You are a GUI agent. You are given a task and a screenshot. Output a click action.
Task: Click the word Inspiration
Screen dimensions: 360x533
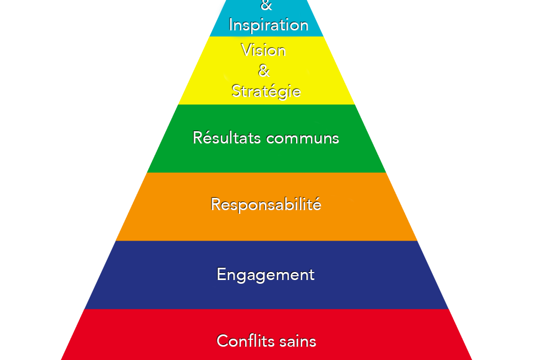point(268,26)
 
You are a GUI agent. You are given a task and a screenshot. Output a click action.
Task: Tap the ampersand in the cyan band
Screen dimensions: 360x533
point(266,6)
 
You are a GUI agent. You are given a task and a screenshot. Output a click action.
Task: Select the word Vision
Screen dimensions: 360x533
point(263,51)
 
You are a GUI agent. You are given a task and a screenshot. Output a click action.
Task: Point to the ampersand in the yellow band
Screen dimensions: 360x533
point(264,70)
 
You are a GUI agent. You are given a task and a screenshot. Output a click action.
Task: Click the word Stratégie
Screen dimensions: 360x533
point(266,91)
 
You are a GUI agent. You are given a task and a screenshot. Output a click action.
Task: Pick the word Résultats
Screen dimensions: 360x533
point(227,138)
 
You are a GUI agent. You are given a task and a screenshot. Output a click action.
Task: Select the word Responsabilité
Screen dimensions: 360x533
point(266,204)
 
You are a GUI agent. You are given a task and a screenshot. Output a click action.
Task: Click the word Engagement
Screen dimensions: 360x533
point(265,275)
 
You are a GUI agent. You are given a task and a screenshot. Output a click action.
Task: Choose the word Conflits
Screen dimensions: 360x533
point(240,341)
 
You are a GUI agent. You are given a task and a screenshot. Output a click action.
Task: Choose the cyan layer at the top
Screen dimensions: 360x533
point(221,27)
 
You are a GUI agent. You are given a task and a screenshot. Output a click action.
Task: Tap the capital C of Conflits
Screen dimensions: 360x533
point(222,341)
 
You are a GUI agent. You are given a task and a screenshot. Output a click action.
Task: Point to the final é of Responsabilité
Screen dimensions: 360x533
point(316,204)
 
